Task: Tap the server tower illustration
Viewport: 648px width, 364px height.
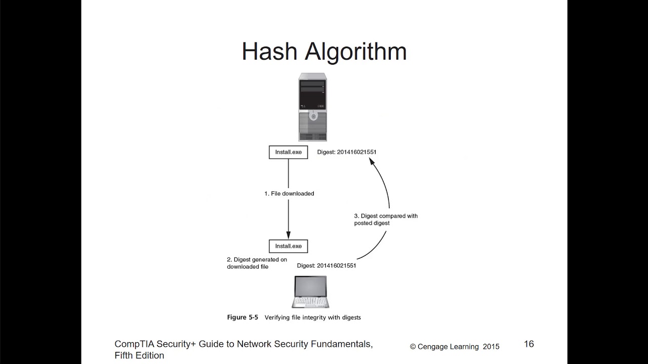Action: pos(312,107)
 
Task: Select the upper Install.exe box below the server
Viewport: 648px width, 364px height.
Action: pos(288,152)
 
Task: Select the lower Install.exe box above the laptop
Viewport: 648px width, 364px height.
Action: pos(288,246)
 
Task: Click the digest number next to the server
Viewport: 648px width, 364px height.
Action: pos(356,152)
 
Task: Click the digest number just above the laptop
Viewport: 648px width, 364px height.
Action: pos(336,265)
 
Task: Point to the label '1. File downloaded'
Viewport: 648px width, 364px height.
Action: pos(289,194)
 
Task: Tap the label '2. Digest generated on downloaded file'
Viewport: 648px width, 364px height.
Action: pos(257,263)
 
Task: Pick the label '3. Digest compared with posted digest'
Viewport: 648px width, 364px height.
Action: pos(386,219)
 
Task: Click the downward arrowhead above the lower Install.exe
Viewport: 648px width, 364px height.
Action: pos(289,235)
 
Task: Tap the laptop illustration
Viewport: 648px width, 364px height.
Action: pos(310,292)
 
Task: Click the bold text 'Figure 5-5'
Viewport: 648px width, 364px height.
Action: pos(242,317)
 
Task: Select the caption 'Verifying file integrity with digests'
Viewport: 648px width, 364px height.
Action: pos(313,317)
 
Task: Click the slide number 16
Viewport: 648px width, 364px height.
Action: pos(529,344)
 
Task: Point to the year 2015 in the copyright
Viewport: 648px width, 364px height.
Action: pos(491,347)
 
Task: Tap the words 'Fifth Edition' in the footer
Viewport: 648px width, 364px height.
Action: pos(139,356)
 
